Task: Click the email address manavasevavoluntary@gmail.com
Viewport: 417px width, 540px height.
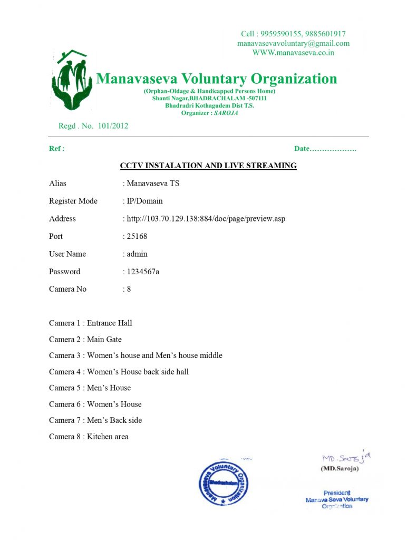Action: pos(293,43)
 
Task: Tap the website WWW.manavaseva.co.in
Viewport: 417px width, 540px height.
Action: pos(293,52)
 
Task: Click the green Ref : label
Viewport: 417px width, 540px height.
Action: pos(56,149)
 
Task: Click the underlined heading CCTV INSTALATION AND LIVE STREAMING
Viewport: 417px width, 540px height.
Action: pos(208,166)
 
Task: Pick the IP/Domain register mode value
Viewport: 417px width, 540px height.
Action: pos(145,201)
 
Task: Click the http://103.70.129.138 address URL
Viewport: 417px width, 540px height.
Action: pos(206,218)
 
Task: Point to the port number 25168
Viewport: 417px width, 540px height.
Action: pos(137,236)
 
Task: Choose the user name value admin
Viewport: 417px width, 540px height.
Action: pos(137,254)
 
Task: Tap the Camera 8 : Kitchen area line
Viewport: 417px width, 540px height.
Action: pos(89,436)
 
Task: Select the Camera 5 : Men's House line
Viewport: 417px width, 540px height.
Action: pos(90,388)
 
